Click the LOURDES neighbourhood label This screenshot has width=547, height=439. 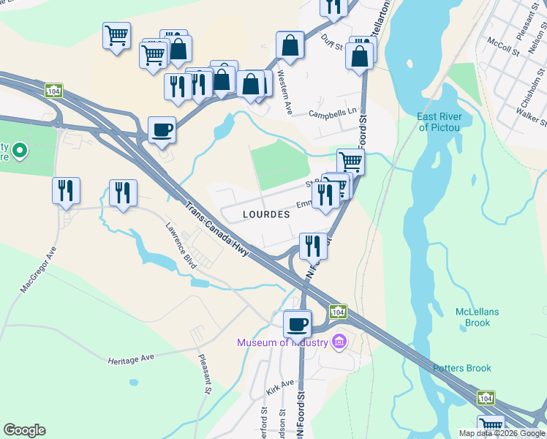click(x=265, y=214)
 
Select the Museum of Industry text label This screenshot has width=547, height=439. click(x=282, y=342)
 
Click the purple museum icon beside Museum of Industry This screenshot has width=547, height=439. click(x=339, y=342)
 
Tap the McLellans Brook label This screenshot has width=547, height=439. click(x=477, y=317)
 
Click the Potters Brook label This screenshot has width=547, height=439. click(x=461, y=368)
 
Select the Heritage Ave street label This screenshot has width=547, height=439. click(x=132, y=360)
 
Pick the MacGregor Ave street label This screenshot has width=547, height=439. click(x=38, y=269)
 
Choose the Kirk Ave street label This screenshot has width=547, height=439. click(x=280, y=387)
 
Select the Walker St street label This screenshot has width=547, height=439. click(x=531, y=116)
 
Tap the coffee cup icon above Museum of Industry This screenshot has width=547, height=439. click(x=298, y=323)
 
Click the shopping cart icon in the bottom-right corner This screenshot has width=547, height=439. click(x=491, y=427)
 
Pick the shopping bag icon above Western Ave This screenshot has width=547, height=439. click(x=290, y=45)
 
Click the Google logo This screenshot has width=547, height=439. click(x=24, y=430)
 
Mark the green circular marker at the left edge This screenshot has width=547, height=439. click(x=20, y=151)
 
